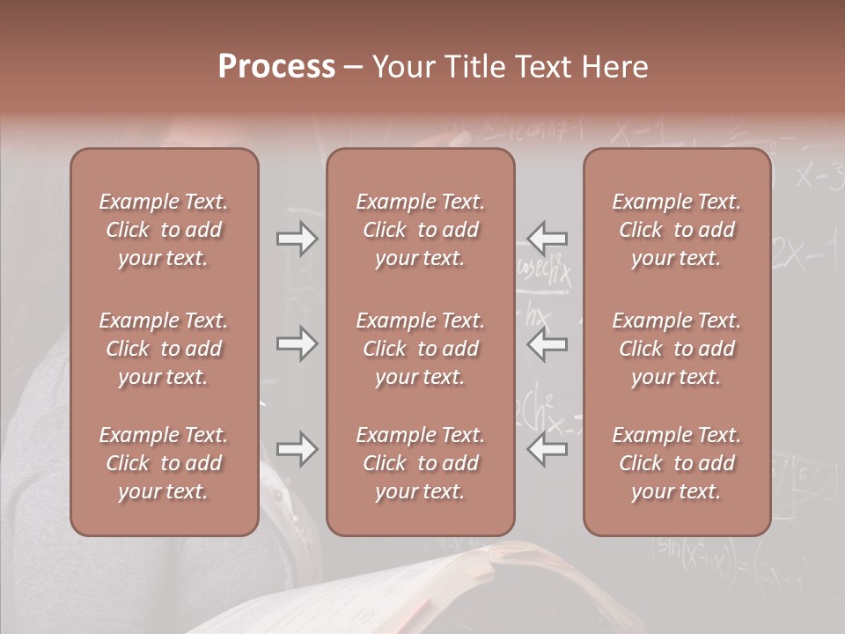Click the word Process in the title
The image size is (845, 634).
(x=276, y=67)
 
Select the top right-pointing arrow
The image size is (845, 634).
(x=297, y=239)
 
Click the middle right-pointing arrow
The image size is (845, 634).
(x=297, y=343)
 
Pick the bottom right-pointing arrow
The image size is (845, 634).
(x=297, y=449)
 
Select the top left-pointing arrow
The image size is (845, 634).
(x=547, y=239)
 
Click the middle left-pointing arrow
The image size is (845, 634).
(x=547, y=343)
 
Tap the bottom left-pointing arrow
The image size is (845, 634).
(x=547, y=449)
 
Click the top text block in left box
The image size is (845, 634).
(x=164, y=230)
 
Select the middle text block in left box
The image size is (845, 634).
(x=164, y=349)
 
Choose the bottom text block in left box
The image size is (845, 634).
(x=164, y=463)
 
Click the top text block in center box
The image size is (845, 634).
(x=420, y=230)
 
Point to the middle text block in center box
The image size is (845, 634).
(x=420, y=349)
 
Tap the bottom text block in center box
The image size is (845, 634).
(x=420, y=463)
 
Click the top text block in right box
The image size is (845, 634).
(x=677, y=230)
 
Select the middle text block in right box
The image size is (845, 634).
(x=677, y=349)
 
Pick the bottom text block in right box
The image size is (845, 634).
(x=677, y=463)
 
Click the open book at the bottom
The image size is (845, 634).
(x=493, y=590)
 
